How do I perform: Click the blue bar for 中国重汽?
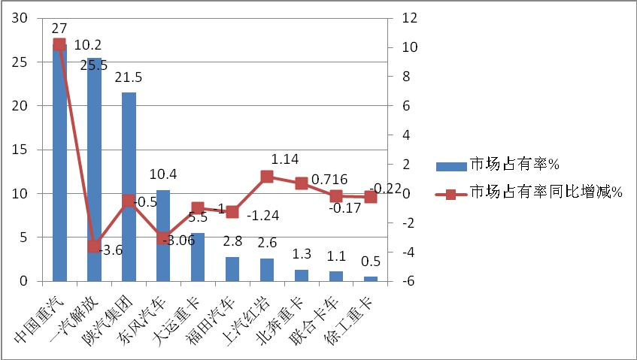click(x=59, y=165)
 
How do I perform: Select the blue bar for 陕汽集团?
click(x=129, y=188)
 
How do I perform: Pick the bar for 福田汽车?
click(x=232, y=269)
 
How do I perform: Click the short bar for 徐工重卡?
click(x=371, y=279)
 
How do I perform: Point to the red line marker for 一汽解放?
click(x=94, y=247)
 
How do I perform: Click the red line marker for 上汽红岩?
click(x=267, y=177)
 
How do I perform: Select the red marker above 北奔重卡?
click(x=302, y=183)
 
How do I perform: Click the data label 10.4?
click(x=163, y=175)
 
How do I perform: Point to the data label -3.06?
click(x=179, y=240)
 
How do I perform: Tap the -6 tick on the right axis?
click(x=405, y=281)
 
